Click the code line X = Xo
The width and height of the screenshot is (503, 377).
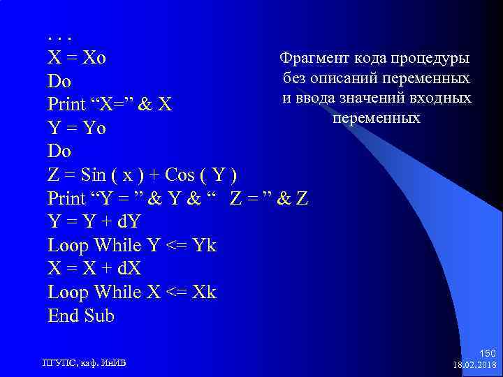[x=77, y=57]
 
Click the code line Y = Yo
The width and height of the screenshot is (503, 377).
[x=76, y=128]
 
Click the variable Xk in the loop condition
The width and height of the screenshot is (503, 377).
[x=204, y=292]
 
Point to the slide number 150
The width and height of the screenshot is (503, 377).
[x=488, y=355]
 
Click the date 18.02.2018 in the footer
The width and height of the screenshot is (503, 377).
[x=475, y=365]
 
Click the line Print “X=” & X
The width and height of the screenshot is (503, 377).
[x=110, y=105]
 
